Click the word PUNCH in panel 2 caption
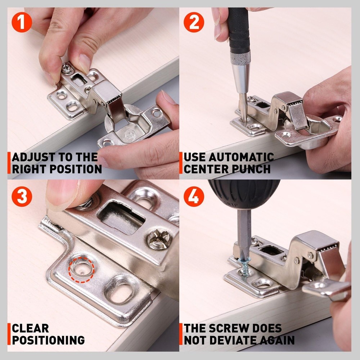[x=252, y=168]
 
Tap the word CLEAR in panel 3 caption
[x=30, y=328]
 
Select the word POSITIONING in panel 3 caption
[x=48, y=340]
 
